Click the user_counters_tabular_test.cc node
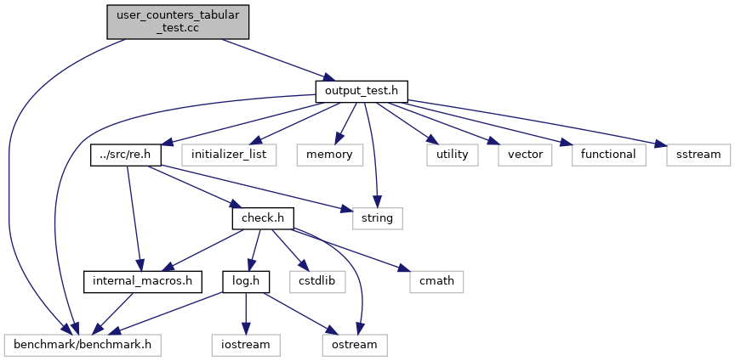click(178, 22)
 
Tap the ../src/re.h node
click(126, 155)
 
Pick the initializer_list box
click(229, 155)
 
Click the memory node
click(330, 155)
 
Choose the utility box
click(453, 155)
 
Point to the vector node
click(525, 155)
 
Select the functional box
click(608, 155)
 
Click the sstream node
click(698, 155)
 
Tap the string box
click(378, 218)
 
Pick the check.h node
click(264, 218)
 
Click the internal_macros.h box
click(143, 282)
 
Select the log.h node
click(246, 282)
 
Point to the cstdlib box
click(317, 282)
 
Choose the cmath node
click(436, 282)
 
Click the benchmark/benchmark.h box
click(83, 345)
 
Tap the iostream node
click(246, 345)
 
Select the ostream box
click(355, 345)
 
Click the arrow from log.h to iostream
click(246, 313)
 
